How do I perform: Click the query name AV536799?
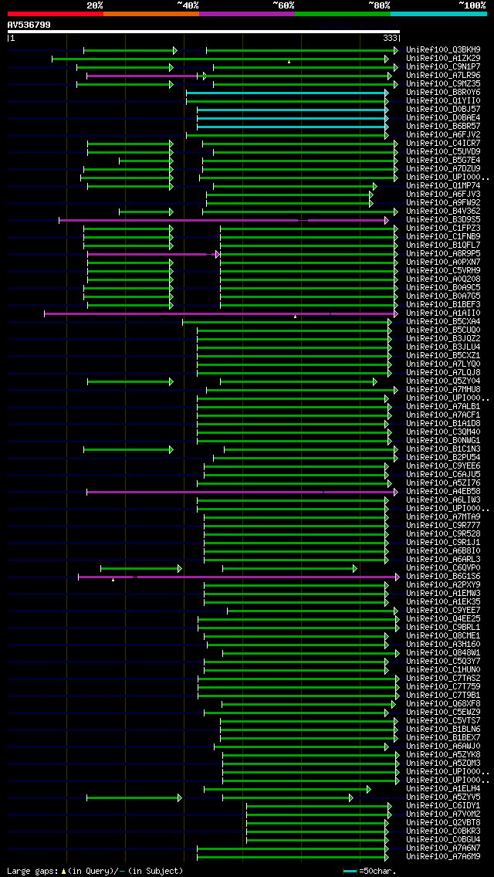29,25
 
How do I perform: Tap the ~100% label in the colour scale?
472,5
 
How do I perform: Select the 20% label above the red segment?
94,5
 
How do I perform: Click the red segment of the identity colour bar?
55,13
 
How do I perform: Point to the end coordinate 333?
390,38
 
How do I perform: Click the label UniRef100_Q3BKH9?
443,50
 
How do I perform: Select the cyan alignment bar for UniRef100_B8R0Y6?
286,93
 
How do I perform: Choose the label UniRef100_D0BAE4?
443,118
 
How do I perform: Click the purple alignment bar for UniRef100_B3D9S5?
178,220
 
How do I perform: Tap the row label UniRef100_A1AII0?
443,313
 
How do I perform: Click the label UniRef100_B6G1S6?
443,577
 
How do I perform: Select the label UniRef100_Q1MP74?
443,186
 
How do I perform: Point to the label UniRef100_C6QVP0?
443,568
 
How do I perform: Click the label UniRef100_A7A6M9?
443,857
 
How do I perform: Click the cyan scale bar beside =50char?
350,871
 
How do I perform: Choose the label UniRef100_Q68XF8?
443,704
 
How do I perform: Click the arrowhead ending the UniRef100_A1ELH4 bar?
369,789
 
